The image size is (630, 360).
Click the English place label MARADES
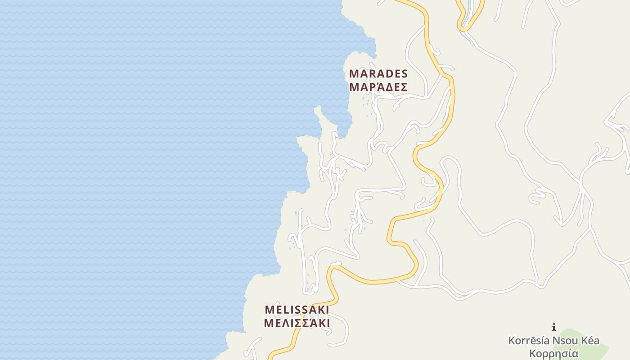click(378, 73)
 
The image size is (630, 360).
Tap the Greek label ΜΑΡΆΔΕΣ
click(378, 86)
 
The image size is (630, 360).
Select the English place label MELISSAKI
click(297, 310)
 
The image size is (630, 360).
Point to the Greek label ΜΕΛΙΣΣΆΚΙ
click(297, 323)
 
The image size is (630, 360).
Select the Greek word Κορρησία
click(553, 353)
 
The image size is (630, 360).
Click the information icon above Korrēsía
click(554, 328)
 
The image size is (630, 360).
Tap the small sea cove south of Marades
click(344, 119)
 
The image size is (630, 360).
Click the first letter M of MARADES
click(354, 73)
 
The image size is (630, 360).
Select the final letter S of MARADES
click(404, 73)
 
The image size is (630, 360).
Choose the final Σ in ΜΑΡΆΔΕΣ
click(404, 86)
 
